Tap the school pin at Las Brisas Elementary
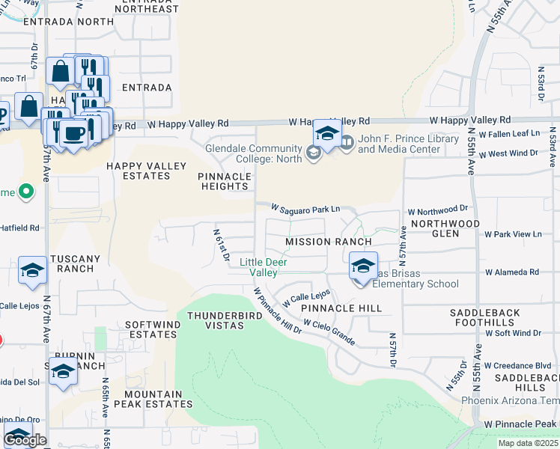coord(362,266)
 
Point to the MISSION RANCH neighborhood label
coord(328,242)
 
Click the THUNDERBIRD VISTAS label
coord(215,320)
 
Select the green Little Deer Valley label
coord(264,267)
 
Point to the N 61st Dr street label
coord(222,244)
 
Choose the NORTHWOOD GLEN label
coord(445,228)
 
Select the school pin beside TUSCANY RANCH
coord(32,272)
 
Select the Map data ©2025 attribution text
coord(528,443)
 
